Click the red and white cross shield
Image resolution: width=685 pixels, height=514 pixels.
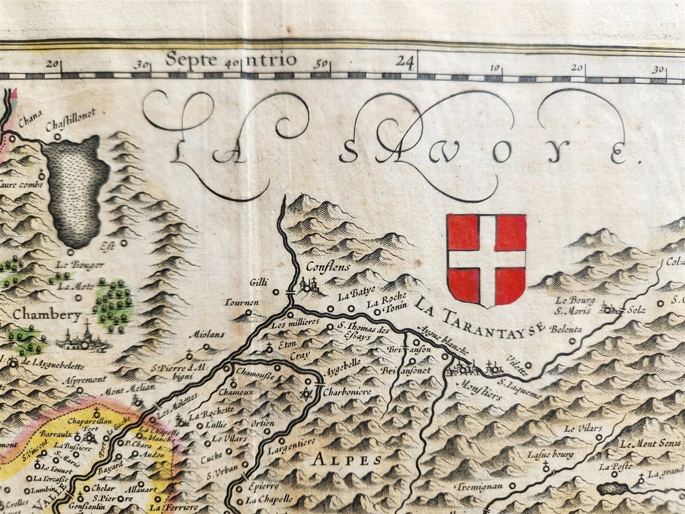tap(486, 259)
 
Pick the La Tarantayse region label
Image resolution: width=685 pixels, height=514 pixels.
tap(479, 319)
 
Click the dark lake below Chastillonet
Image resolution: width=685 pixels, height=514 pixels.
tap(75, 190)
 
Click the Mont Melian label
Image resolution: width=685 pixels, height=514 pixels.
tap(127, 391)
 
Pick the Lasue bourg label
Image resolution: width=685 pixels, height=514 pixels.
tap(550, 455)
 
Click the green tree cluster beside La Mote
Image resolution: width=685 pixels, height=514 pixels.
tap(113, 304)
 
